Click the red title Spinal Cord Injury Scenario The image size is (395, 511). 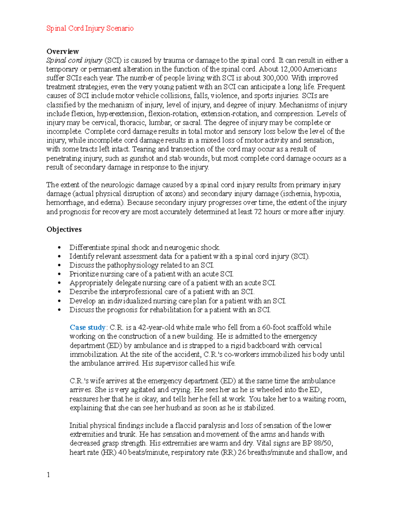(x=90, y=28)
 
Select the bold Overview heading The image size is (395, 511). (x=63, y=51)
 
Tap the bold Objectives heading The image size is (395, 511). (x=64, y=229)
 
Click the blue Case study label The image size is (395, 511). (x=87, y=327)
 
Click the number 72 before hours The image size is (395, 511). (x=258, y=212)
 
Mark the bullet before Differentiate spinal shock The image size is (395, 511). (x=59, y=248)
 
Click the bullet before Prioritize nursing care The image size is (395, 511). (x=59, y=274)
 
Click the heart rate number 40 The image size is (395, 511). (x=122, y=452)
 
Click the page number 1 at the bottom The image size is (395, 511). (x=48, y=474)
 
